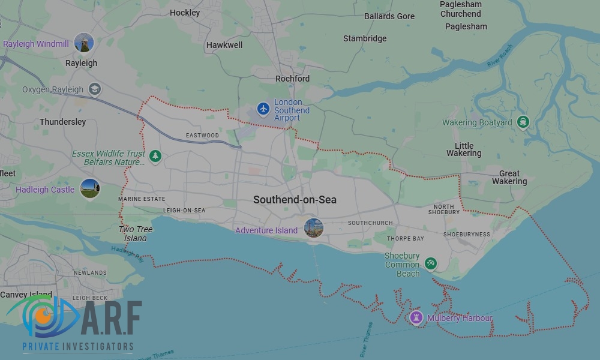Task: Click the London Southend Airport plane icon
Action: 263,109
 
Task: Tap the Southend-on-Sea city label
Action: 295,200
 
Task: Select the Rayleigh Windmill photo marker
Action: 84,43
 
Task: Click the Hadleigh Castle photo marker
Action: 90,189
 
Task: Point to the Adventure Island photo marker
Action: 313,228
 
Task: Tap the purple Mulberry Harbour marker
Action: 416,317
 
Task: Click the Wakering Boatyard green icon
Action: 523,122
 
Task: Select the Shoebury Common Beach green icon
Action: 430,263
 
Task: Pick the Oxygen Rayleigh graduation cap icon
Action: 94,89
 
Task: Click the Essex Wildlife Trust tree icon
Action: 156,156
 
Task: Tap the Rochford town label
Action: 292,79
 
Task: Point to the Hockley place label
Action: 185,13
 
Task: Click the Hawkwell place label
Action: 224,45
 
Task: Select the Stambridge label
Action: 365,38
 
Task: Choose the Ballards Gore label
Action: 389,16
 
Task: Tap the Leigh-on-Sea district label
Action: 184,211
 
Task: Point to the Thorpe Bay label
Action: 406,238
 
